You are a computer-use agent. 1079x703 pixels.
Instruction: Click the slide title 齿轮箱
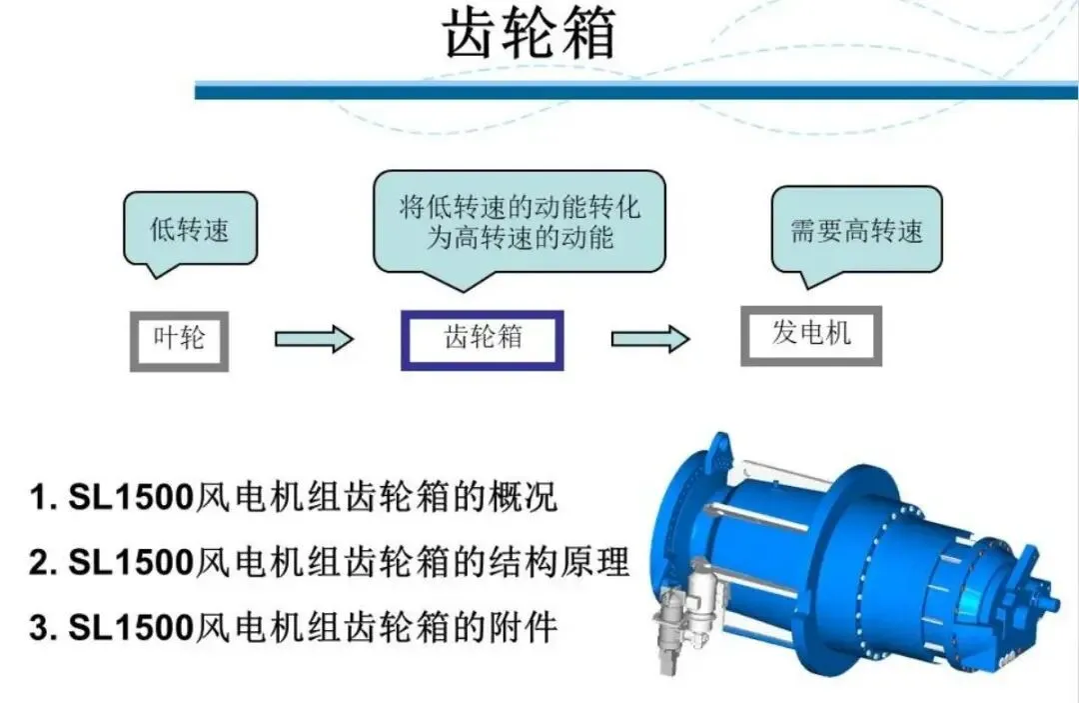(530, 36)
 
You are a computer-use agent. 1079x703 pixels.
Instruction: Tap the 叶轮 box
(180, 339)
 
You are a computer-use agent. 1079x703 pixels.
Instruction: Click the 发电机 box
(810, 335)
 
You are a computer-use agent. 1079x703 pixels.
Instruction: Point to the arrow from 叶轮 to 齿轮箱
(313, 339)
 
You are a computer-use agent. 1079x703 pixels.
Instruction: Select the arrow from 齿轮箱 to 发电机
(650, 339)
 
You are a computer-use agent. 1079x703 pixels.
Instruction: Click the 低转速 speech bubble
(190, 230)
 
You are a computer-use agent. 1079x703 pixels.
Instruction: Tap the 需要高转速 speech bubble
(856, 231)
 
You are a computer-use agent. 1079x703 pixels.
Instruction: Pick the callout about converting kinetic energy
(520, 222)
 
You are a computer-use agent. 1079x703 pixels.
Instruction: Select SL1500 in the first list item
(130, 498)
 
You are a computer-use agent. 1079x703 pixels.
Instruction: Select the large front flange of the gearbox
(689, 540)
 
